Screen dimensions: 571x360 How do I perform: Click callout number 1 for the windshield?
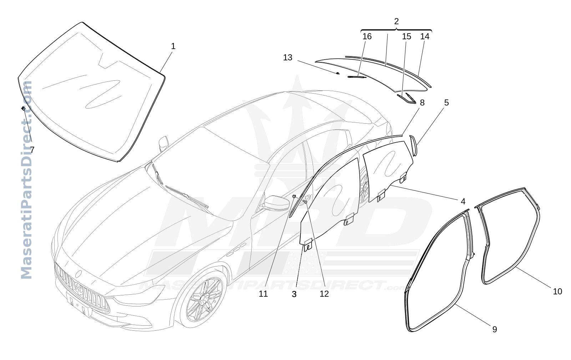[x=173, y=46]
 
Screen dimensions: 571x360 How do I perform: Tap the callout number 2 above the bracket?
[x=396, y=21]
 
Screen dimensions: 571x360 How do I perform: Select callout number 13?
[x=288, y=57]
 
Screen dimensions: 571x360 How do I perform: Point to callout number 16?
[x=367, y=36]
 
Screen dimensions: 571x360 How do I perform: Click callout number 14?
[x=425, y=36]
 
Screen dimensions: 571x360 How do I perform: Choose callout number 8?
[x=422, y=102]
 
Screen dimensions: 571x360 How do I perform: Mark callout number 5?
[x=446, y=102]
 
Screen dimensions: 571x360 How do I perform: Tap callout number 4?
[x=463, y=201]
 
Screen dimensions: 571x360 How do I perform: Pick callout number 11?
[x=263, y=294]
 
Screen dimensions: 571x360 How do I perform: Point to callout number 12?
[x=324, y=294]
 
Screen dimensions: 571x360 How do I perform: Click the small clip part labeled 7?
[x=23, y=109]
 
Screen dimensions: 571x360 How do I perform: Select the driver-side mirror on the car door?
[x=276, y=203]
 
